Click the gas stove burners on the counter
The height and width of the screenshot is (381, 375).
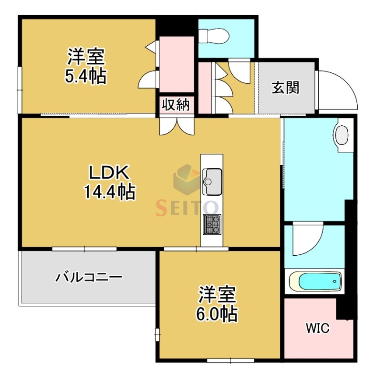tap(212, 224)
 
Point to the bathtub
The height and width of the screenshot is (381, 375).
tap(315, 281)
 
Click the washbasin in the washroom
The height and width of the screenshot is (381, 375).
tap(342, 135)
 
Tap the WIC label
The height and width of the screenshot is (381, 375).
tap(317, 329)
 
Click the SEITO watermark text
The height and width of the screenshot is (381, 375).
tap(187, 208)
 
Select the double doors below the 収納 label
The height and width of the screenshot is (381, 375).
tap(177, 125)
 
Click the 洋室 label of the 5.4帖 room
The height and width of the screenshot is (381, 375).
tap(85, 57)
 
